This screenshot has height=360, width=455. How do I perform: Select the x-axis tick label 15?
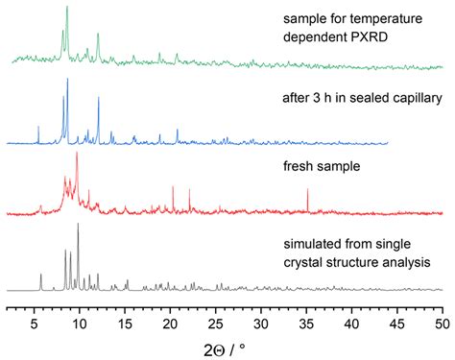point(125,324)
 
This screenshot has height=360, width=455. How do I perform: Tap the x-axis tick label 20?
point(170,324)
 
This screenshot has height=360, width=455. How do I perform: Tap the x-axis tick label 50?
point(442,324)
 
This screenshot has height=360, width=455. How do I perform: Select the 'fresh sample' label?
point(323,166)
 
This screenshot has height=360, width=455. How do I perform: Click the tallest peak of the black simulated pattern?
point(78,226)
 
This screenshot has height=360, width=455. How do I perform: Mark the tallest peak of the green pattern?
point(66,9)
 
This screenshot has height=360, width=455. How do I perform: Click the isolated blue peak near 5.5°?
point(38,128)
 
